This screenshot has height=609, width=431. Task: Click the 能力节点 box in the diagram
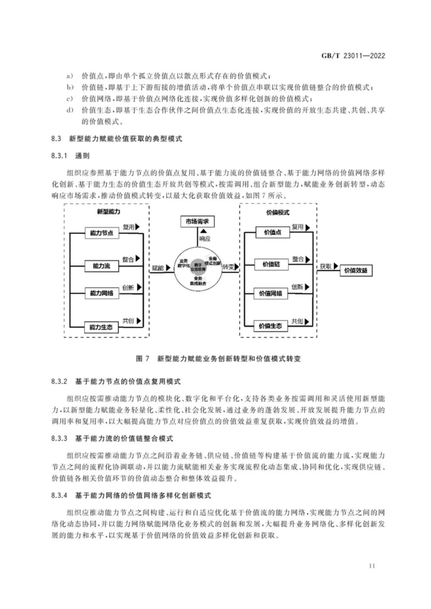pyautogui.click(x=101, y=232)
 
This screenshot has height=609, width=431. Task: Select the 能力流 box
pyautogui.click(x=101, y=265)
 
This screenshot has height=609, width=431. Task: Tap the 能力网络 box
pyautogui.click(x=101, y=293)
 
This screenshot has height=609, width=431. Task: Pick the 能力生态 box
pyautogui.click(x=101, y=326)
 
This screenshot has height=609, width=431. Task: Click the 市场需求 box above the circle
pyautogui.click(x=198, y=221)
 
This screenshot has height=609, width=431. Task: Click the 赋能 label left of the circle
pyautogui.click(x=158, y=267)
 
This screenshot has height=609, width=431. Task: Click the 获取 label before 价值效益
pyautogui.click(x=326, y=266)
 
